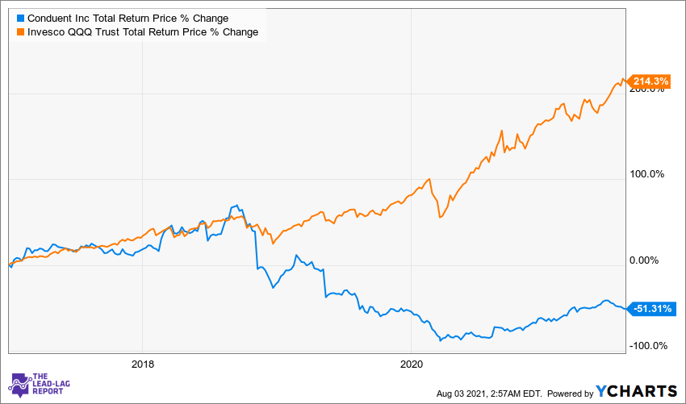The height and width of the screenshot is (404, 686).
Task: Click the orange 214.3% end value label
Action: (650, 81)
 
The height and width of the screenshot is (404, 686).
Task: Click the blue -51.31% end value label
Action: (650, 308)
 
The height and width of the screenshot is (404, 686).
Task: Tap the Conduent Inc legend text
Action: (128, 18)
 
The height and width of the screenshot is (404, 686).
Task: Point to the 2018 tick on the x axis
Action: (142, 363)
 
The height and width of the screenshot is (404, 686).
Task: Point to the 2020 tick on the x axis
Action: (412, 363)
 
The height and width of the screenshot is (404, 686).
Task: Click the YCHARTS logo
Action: (636, 391)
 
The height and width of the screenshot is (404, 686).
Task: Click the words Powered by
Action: (569, 393)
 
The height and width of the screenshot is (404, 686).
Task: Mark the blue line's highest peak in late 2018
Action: (235, 206)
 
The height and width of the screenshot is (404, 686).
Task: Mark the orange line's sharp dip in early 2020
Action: (438, 217)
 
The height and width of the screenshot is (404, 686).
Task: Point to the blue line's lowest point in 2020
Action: (441, 340)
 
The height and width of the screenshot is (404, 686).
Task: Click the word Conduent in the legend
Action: (50, 18)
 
